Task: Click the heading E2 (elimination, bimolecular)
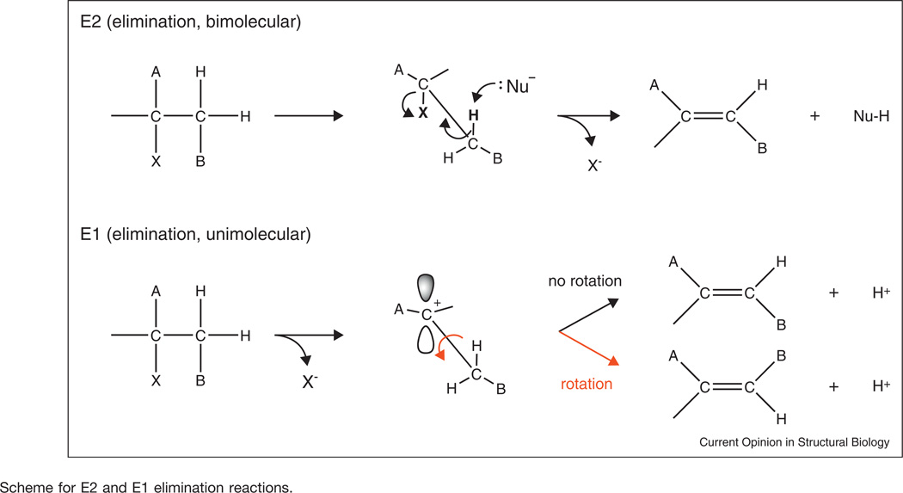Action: tap(189, 23)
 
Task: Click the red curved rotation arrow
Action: tap(446, 348)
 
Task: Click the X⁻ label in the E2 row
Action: tap(593, 163)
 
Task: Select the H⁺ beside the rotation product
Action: tap(880, 387)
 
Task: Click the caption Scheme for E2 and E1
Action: tap(147, 486)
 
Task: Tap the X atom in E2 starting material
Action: tap(156, 160)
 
